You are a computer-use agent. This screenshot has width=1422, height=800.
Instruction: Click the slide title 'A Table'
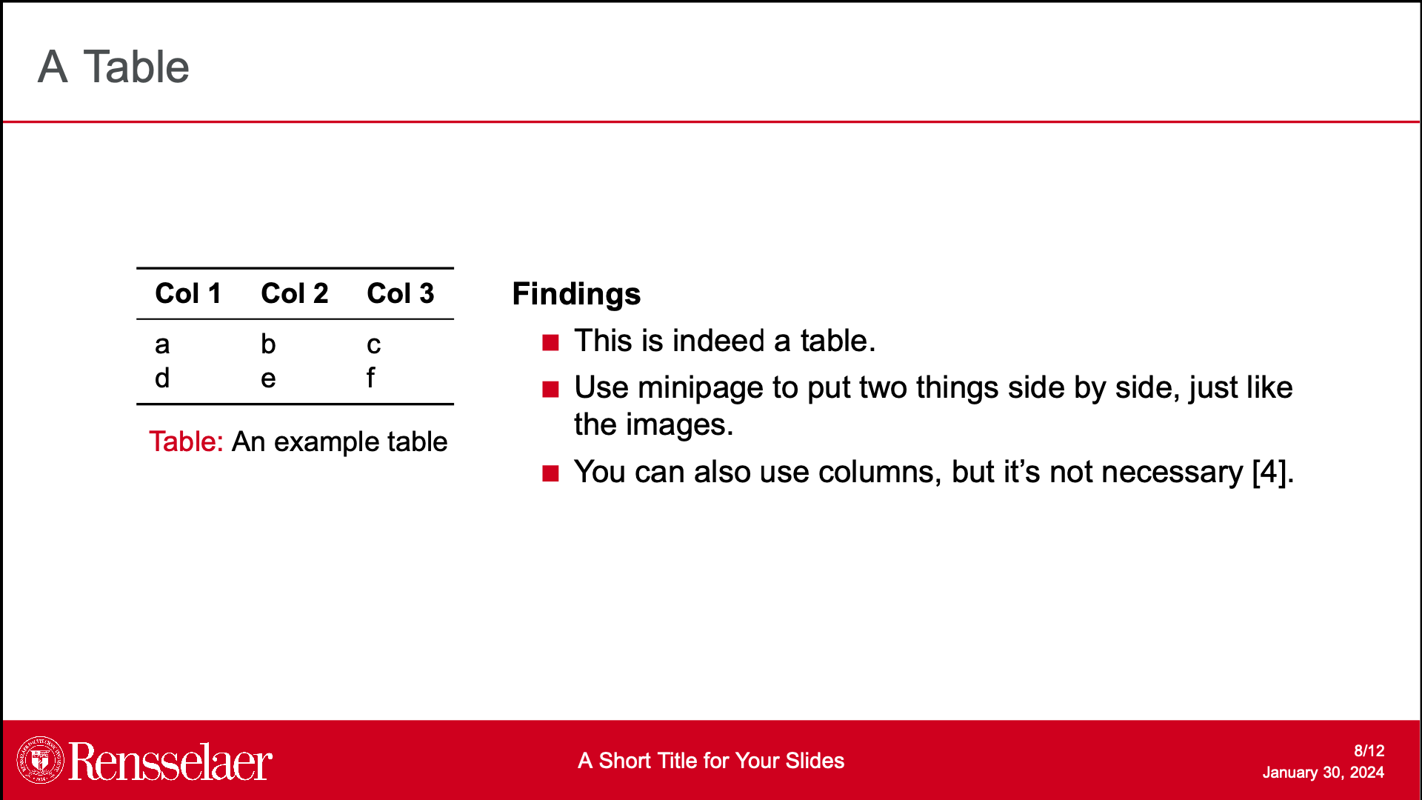tap(113, 67)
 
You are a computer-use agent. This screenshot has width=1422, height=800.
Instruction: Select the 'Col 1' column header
tap(188, 293)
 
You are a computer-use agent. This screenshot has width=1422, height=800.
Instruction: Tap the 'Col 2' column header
tap(294, 293)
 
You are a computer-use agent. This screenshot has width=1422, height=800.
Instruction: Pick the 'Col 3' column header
tap(400, 293)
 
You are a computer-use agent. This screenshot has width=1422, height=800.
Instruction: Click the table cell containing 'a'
tap(162, 344)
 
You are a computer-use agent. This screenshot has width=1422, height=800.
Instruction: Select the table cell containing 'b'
tap(268, 343)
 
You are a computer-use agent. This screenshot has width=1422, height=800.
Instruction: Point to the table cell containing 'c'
tap(373, 344)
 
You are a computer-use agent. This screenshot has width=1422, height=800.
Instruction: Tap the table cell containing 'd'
tap(162, 378)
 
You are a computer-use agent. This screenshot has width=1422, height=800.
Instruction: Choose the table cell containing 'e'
tap(268, 379)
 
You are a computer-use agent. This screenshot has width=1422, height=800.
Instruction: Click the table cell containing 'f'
tap(370, 377)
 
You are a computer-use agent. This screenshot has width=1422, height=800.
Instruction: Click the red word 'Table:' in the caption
tap(186, 441)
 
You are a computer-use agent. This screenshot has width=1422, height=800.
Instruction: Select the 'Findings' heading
tap(576, 294)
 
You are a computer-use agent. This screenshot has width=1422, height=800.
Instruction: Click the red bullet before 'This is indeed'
tap(550, 342)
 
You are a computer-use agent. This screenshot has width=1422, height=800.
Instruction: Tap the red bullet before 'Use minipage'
tap(550, 390)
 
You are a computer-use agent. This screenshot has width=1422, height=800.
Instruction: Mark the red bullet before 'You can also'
tap(550, 473)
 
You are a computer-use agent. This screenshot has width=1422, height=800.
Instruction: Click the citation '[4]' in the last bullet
tap(1269, 472)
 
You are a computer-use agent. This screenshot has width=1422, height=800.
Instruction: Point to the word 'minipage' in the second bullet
tap(701, 388)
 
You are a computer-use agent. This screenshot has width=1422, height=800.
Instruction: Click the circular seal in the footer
tap(41, 760)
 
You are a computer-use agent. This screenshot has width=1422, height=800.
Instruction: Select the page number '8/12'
tap(1369, 750)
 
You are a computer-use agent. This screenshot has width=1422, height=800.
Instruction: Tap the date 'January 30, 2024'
tap(1323, 773)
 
